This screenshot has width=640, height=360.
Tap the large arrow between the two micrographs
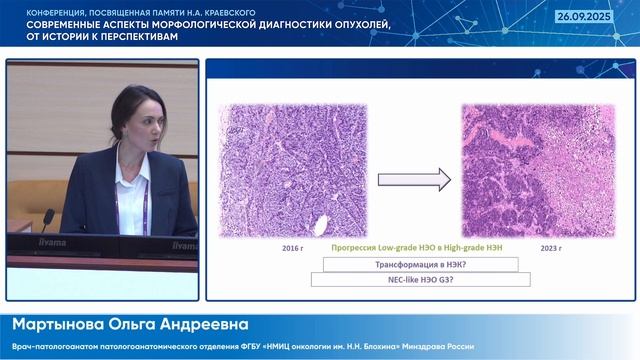pyautogui.click(x=401, y=180)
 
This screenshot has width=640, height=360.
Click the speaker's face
pyautogui.click(x=139, y=115)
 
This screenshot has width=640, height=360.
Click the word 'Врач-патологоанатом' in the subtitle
pyautogui.click(x=49, y=346)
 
